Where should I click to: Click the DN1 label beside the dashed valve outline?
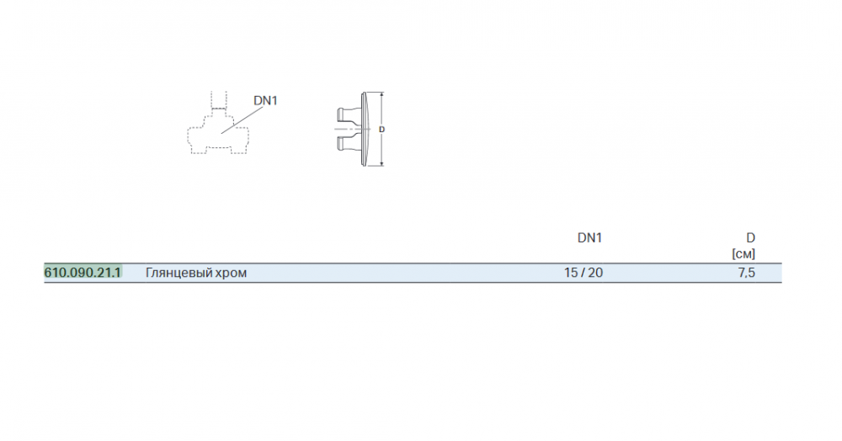pyautogui.click(x=265, y=100)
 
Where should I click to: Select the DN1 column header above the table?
pyautogui.click(x=589, y=237)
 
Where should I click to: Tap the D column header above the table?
pyautogui.click(x=750, y=237)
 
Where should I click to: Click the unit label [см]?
pyautogui.click(x=743, y=254)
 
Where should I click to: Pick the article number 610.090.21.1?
pyautogui.click(x=83, y=273)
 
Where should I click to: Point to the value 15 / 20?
pyautogui.click(x=584, y=273)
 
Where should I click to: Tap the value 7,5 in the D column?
pyautogui.click(x=746, y=273)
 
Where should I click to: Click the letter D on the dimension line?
pyautogui.click(x=381, y=130)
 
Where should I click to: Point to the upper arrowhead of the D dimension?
pyautogui.click(x=381, y=95)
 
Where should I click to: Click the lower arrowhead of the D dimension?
pyautogui.click(x=381, y=162)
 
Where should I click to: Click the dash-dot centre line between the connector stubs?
pyautogui.click(x=352, y=129)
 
